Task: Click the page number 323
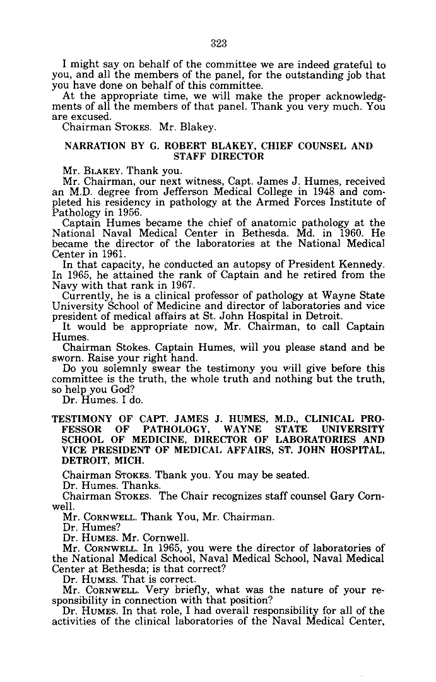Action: pyautogui.click(x=218, y=44)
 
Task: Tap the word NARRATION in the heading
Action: pyautogui.click(x=93, y=146)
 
